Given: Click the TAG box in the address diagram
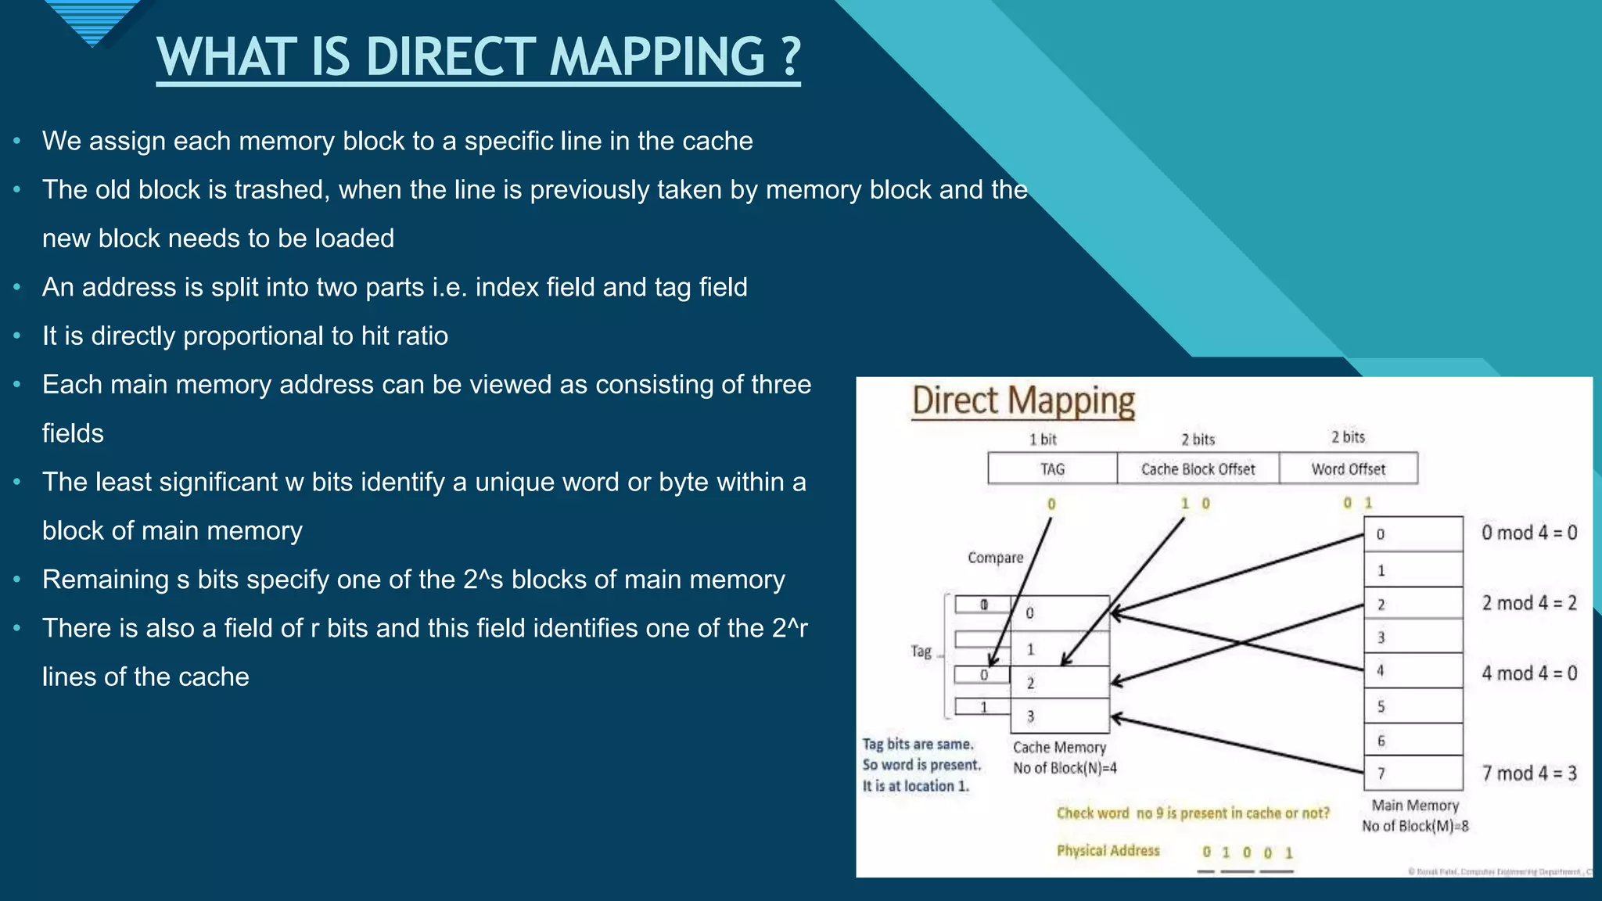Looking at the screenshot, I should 1052,469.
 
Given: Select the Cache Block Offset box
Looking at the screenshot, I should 1198,469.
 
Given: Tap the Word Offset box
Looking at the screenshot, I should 1348,469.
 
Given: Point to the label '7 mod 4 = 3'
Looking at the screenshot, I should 1529,774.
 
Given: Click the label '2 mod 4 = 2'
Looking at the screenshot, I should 1529,603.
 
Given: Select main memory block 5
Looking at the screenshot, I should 1413,706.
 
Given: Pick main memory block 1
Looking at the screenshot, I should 1413,570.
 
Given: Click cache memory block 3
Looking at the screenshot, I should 1060,716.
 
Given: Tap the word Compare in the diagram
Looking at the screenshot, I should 995,558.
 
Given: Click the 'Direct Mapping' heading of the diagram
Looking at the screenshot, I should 1023,400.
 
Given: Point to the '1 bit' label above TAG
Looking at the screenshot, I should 1043,440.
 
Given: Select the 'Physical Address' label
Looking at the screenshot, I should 1108,851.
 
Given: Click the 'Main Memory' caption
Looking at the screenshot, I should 1415,806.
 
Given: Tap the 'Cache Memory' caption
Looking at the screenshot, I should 1059,748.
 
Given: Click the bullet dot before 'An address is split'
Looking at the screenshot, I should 16,288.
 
